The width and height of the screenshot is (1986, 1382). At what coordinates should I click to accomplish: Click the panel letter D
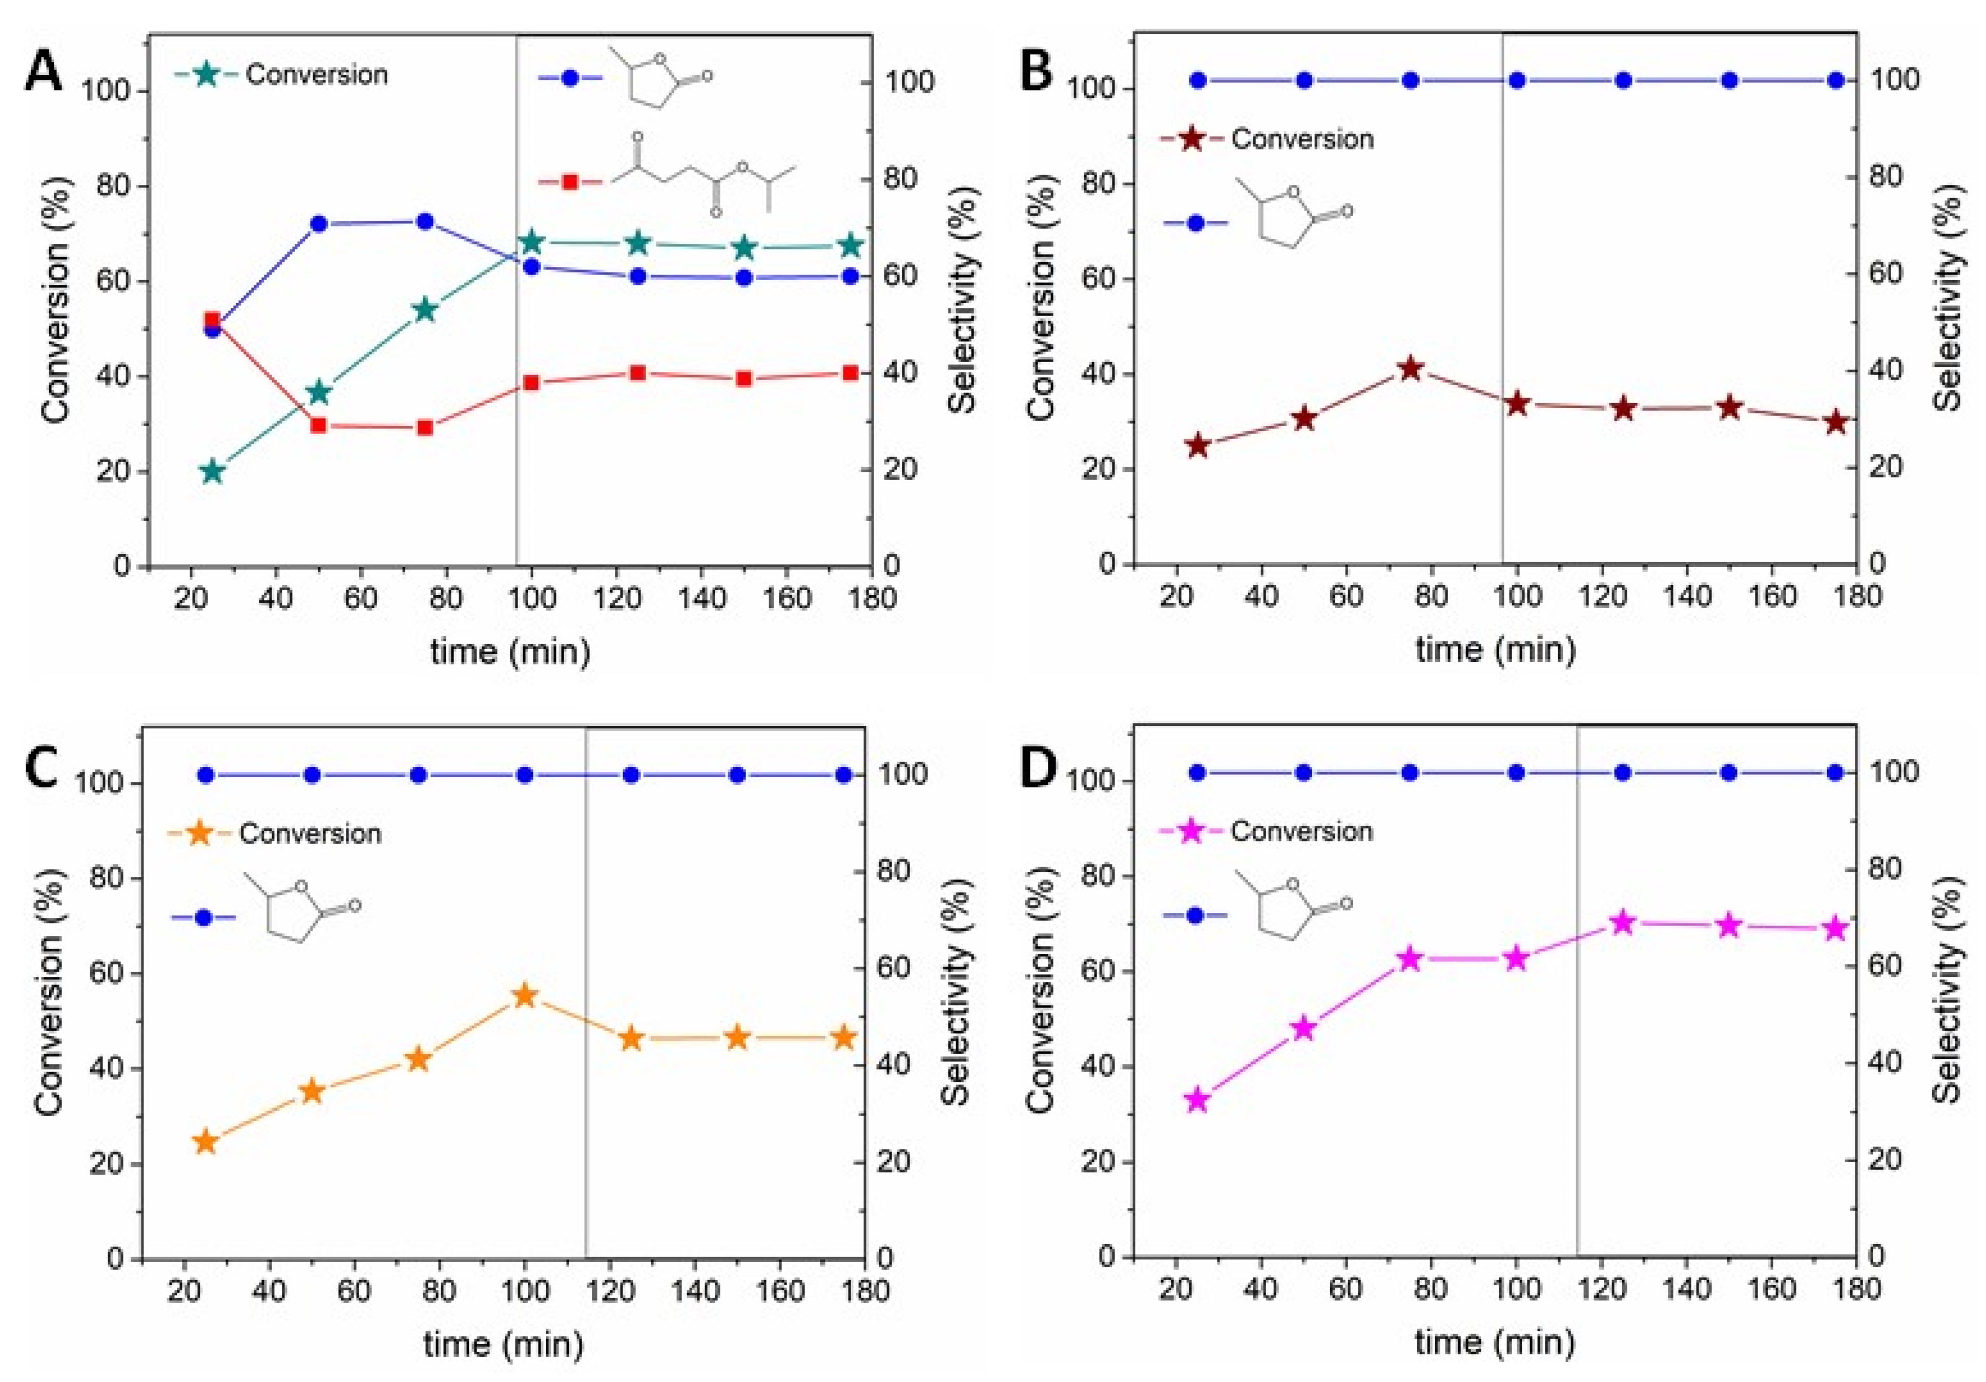point(1038,768)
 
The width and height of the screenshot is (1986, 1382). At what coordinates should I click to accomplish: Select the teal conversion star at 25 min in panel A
point(212,471)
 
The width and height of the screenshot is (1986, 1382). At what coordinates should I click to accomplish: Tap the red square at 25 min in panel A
point(212,320)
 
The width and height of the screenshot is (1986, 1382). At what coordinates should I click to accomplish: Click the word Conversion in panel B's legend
point(1302,139)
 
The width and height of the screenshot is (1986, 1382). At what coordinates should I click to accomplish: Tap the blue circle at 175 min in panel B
point(1835,80)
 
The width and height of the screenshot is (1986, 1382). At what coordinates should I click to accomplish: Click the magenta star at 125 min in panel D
point(1623,923)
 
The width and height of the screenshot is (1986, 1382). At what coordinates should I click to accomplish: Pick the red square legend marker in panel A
point(570,182)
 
